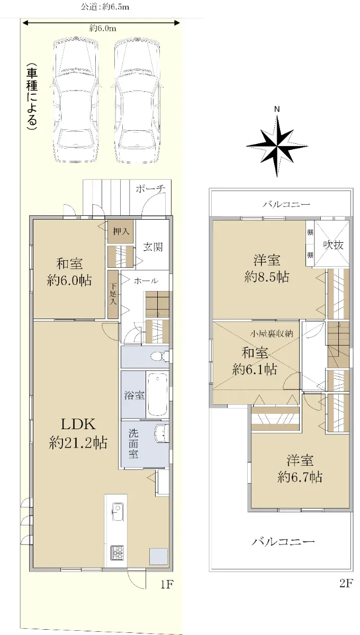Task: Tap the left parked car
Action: [76, 100]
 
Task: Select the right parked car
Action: [137, 100]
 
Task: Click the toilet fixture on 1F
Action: [159, 356]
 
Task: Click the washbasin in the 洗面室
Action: [161, 433]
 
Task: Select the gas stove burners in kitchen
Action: [117, 552]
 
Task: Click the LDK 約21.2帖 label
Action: [78, 433]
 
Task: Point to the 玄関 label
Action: [153, 247]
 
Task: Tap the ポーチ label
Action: [150, 189]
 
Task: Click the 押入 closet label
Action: [121, 231]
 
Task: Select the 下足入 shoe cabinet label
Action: [113, 294]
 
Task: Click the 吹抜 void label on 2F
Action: [334, 244]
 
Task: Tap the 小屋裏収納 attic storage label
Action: [272, 334]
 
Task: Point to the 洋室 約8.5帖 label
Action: [267, 268]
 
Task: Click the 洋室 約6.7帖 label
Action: [300, 469]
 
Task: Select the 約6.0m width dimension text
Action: [103, 29]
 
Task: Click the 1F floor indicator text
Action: [167, 584]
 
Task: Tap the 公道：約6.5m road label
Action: [105, 6]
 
